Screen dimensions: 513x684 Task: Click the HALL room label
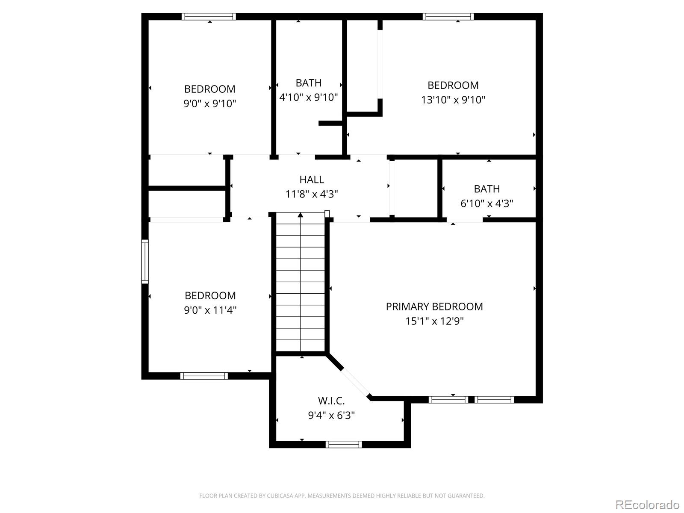click(311, 180)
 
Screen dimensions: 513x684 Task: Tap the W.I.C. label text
click(331, 401)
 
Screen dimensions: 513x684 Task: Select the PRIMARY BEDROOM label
click(434, 307)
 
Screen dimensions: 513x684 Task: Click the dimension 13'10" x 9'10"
click(453, 100)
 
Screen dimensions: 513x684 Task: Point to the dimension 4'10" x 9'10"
click(309, 97)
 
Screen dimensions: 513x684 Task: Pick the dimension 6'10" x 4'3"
click(486, 203)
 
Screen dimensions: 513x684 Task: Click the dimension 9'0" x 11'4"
click(210, 310)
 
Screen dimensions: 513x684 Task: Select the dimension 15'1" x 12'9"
click(434, 321)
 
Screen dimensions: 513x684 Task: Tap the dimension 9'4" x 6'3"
click(331, 416)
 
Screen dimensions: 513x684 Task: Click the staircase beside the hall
click(301, 282)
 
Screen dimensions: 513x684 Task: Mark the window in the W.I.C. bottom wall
click(344, 445)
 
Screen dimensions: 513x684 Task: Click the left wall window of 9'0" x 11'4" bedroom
click(145, 262)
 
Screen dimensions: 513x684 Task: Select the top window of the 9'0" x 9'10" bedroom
click(209, 17)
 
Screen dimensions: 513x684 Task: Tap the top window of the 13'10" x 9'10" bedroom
click(448, 17)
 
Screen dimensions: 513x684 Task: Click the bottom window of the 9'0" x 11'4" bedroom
click(204, 376)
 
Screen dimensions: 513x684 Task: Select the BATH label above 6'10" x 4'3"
click(486, 189)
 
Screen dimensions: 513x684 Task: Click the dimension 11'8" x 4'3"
click(311, 194)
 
